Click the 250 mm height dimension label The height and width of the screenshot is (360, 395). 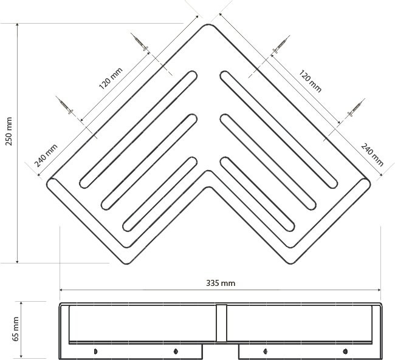(9, 131)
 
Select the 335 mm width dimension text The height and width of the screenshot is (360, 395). (221, 284)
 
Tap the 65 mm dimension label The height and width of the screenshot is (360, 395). (16, 329)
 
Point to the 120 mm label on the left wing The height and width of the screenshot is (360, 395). (111, 78)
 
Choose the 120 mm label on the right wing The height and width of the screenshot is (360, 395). (311, 81)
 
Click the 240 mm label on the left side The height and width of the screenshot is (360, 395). (46, 155)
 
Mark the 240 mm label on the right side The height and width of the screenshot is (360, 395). (373, 155)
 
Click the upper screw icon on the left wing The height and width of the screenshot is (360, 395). (139, 42)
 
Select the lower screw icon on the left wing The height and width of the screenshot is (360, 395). (64, 105)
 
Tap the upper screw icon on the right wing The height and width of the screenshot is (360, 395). (281, 44)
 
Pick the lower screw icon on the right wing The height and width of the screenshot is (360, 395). (356, 107)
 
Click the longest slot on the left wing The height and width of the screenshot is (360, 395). (139, 129)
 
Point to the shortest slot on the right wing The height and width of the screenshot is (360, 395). (258, 194)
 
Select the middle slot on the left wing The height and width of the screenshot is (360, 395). (149, 162)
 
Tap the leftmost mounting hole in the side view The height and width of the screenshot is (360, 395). (95, 351)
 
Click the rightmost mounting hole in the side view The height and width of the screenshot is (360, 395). (345, 351)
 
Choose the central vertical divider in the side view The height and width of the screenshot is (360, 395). (221, 323)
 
